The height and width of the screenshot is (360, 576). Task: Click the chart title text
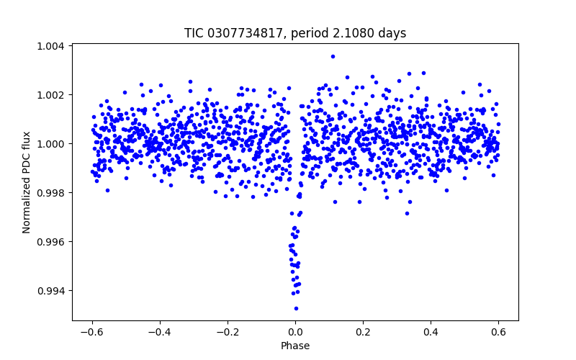pyautogui.click(x=295, y=33)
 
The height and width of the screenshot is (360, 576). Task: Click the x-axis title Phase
pyautogui.click(x=295, y=346)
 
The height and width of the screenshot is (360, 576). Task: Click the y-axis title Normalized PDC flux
pyautogui.click(x=27, y=182)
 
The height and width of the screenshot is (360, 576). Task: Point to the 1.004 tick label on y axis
pyautogui.click(x=51, y=46)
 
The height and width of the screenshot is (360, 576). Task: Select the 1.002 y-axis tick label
pyautogui.click(x=51, y=95)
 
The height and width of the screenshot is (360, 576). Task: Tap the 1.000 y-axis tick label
pyautogui.click(x=51, y=144)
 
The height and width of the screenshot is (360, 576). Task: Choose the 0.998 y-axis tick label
pyautogui.click(x=51, y=193)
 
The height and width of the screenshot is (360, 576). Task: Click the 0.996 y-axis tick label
pyautogui.click(x=51, y=242)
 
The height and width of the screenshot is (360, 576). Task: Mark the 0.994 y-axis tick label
pyautogui.click(x=51, y=291)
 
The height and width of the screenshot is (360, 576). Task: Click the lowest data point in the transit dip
pyautogui.click(x=296, y=308)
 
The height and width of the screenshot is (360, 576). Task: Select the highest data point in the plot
pyautogui.click(x=333, y=56)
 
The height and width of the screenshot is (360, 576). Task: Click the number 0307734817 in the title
pyautogui.click(x=242, y=33)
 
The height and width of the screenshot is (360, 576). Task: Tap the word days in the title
pyautogui.click(x=392, y=33)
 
